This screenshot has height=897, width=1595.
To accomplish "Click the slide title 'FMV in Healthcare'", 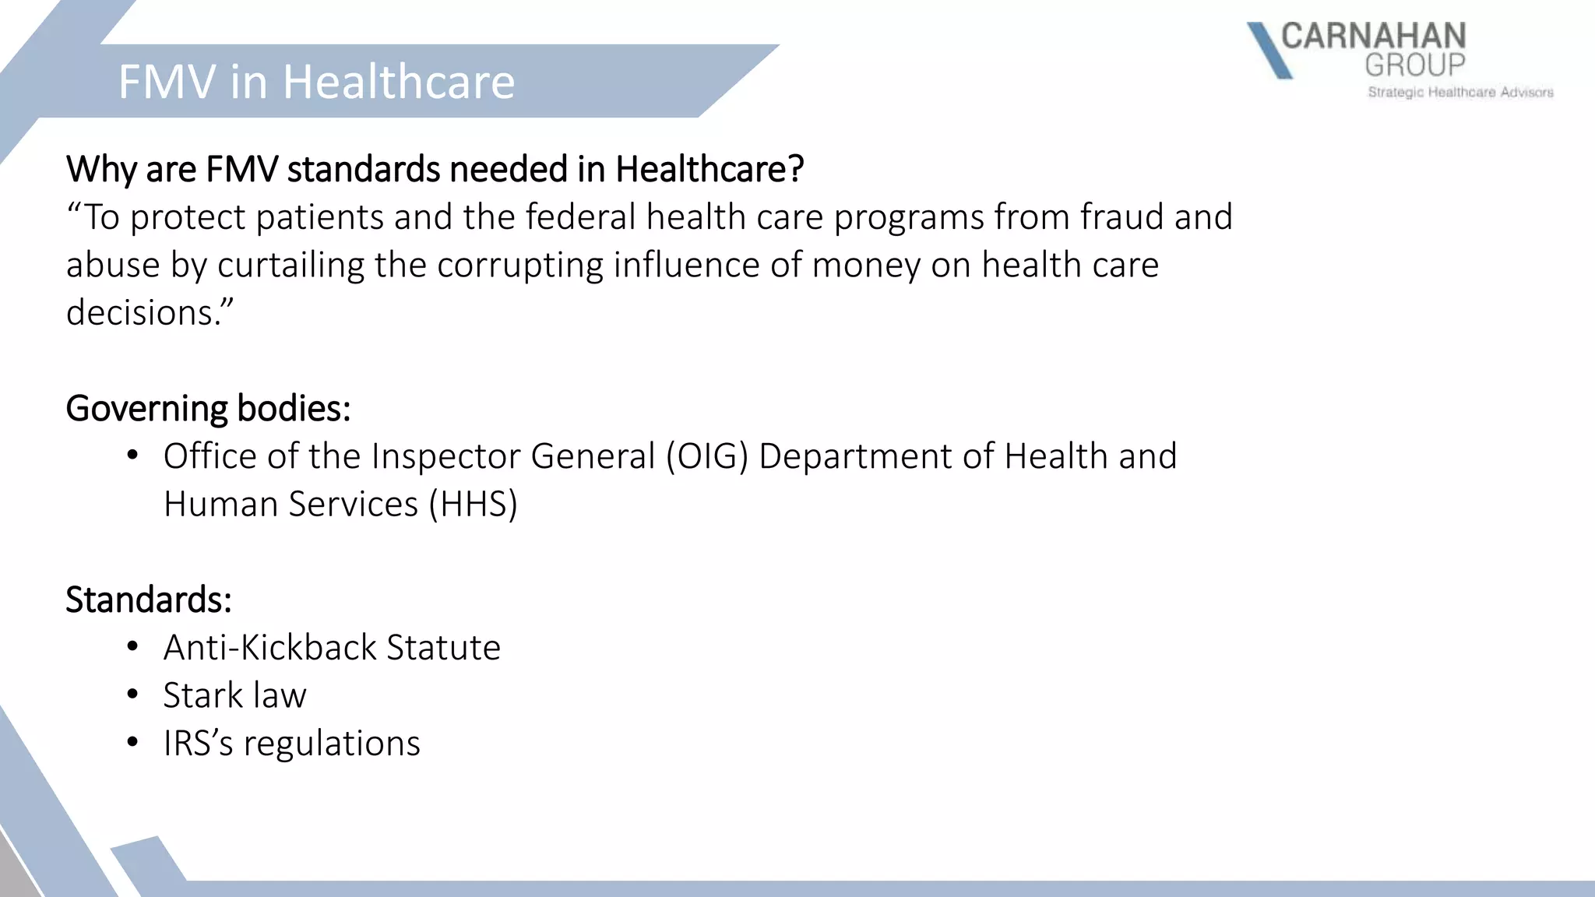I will coord(316,82).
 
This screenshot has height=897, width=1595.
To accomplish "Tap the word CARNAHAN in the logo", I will coord(1373,37).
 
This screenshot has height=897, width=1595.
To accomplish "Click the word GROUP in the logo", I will coord(1414,65).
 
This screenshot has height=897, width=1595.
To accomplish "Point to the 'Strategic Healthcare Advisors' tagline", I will coord(1460,93).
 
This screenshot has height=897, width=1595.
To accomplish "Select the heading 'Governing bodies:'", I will coord(208,408).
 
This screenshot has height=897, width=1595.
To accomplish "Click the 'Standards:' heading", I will coord(148,600).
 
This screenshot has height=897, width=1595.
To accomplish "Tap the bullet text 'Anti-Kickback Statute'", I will coord(332,648).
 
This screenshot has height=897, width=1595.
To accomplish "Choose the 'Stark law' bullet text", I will coord(234,695).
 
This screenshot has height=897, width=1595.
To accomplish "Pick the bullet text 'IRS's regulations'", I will coord(291,744).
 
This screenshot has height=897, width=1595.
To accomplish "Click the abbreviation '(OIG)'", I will coord(706,456).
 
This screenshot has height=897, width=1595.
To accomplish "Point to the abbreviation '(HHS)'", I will coord(473,505).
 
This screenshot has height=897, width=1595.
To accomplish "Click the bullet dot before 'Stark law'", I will coord(133,694).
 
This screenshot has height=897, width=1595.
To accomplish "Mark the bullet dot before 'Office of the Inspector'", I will coord(133,455).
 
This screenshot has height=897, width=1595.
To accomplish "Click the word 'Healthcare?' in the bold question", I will coord(709,169).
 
